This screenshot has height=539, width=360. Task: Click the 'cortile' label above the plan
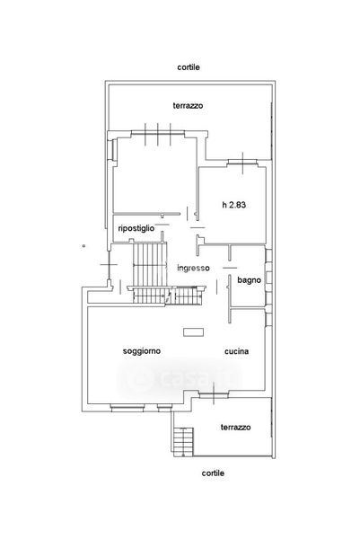189,67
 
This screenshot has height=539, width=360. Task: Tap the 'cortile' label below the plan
213,473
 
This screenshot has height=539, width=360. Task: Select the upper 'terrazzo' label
188,105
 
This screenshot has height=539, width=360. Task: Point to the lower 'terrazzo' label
235,428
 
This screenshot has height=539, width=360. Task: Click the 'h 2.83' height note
234,205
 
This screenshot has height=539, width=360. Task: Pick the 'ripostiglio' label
136,228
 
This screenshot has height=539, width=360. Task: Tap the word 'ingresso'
193,268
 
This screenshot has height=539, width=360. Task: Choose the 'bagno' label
249,280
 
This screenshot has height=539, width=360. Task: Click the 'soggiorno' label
142,351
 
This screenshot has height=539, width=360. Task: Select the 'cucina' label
237,351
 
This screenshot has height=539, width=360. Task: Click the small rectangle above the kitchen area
193,332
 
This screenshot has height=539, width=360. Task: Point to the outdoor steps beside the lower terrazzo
184,442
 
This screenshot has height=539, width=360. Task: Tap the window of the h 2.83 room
242,163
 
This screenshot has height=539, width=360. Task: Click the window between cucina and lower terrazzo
214,395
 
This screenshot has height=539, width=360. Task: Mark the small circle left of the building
83,246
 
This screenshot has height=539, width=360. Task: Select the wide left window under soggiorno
127,408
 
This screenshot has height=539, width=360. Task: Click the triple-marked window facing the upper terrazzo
158,133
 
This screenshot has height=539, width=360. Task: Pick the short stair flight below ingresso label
186,296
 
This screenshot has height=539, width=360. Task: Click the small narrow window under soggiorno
164,408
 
